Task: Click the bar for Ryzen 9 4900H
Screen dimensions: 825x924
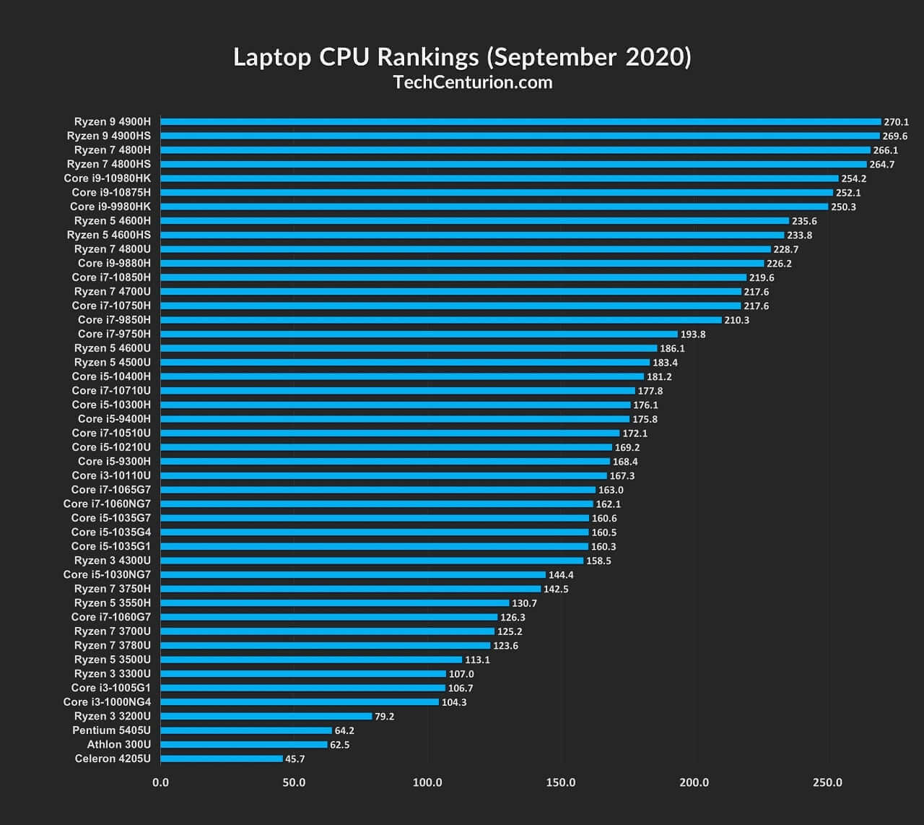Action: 520,121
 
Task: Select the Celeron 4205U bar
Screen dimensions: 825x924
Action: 222,759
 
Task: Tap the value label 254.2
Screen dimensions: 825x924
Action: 853,178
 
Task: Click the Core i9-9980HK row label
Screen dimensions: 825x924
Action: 110,207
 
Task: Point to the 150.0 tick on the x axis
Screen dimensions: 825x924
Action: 561,782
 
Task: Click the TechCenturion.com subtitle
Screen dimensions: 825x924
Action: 473,82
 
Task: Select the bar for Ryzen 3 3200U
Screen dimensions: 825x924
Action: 266,716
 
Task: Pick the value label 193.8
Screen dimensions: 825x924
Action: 692,334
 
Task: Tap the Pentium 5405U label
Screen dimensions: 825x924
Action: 112,730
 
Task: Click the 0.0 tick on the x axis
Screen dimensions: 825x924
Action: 161,782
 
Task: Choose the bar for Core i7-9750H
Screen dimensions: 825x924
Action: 419,334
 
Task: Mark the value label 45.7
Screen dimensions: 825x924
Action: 295,759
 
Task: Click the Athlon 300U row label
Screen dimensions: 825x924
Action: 119,744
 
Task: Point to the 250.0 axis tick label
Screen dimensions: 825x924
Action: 827,782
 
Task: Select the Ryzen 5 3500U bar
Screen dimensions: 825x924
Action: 311,660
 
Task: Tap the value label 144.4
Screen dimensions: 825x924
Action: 561,575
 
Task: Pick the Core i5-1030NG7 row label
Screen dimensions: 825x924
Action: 107,574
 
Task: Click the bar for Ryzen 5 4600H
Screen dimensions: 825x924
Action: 474,220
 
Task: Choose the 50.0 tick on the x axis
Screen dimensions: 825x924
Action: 294,782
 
